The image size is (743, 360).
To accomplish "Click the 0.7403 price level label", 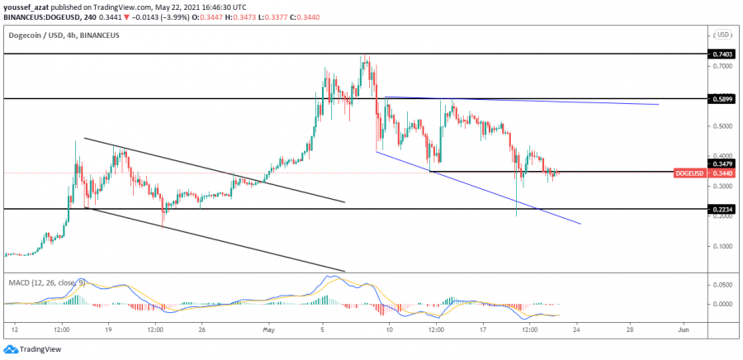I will pyautogui.click(x=721, y=54).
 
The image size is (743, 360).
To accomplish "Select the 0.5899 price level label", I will pyautogui.click(x=721, y=98).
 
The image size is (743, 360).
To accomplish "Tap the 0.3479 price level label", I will pyautogui.click(x=721, y=163).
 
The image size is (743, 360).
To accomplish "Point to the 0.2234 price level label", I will pyautogui.click(x=721, y=209).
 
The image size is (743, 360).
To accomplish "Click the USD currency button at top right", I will pyautogui.click(x=723, y=35).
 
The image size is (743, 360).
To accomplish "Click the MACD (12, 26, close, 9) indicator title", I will pyautogui.click(x=46, y=282).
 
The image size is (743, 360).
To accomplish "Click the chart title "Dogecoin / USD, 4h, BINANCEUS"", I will pyautogui.click(x=63, y=36).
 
